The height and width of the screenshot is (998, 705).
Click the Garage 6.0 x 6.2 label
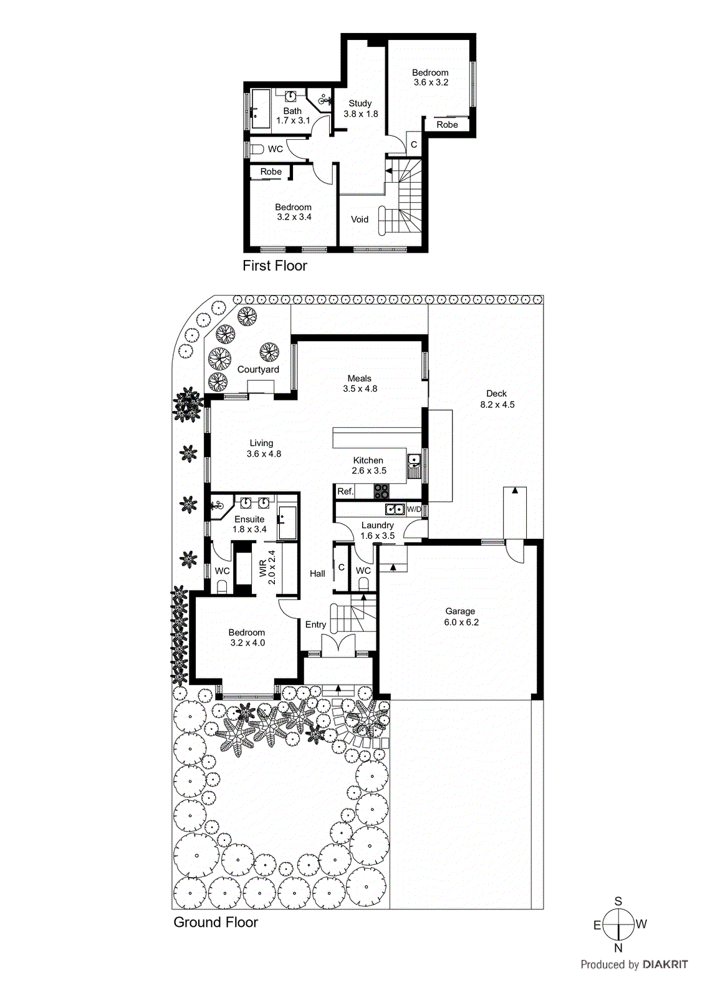click(461, 617)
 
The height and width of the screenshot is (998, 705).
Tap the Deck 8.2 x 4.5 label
click(497, 399)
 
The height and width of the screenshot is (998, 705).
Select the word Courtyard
click(258, 369)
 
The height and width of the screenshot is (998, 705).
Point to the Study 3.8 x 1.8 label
click(360, 109)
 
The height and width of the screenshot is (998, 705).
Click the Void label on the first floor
click(360, 220)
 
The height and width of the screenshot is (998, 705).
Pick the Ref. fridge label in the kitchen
click(345, 492)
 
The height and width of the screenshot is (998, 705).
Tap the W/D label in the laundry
click(414, 510)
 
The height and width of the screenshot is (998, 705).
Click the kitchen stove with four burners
click(381, 492)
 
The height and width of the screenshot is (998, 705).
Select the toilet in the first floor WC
click(256, 149)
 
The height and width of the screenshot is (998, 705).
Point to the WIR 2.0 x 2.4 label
click(267, 567)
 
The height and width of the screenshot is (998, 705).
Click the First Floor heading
click(275, 266)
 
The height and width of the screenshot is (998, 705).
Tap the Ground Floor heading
click(216, 923)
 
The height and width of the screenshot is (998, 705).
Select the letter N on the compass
click(618, 948)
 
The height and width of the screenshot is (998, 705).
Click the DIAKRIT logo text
click(665, 964)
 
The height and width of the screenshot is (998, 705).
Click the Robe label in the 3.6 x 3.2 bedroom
click(447, 125)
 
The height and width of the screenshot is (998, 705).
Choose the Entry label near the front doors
click(315, 624)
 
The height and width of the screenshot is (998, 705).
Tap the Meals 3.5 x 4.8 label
click(360, 384)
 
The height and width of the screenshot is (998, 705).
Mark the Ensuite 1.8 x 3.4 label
click(249, 524)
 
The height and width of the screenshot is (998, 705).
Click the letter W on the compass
click(641, 924)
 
